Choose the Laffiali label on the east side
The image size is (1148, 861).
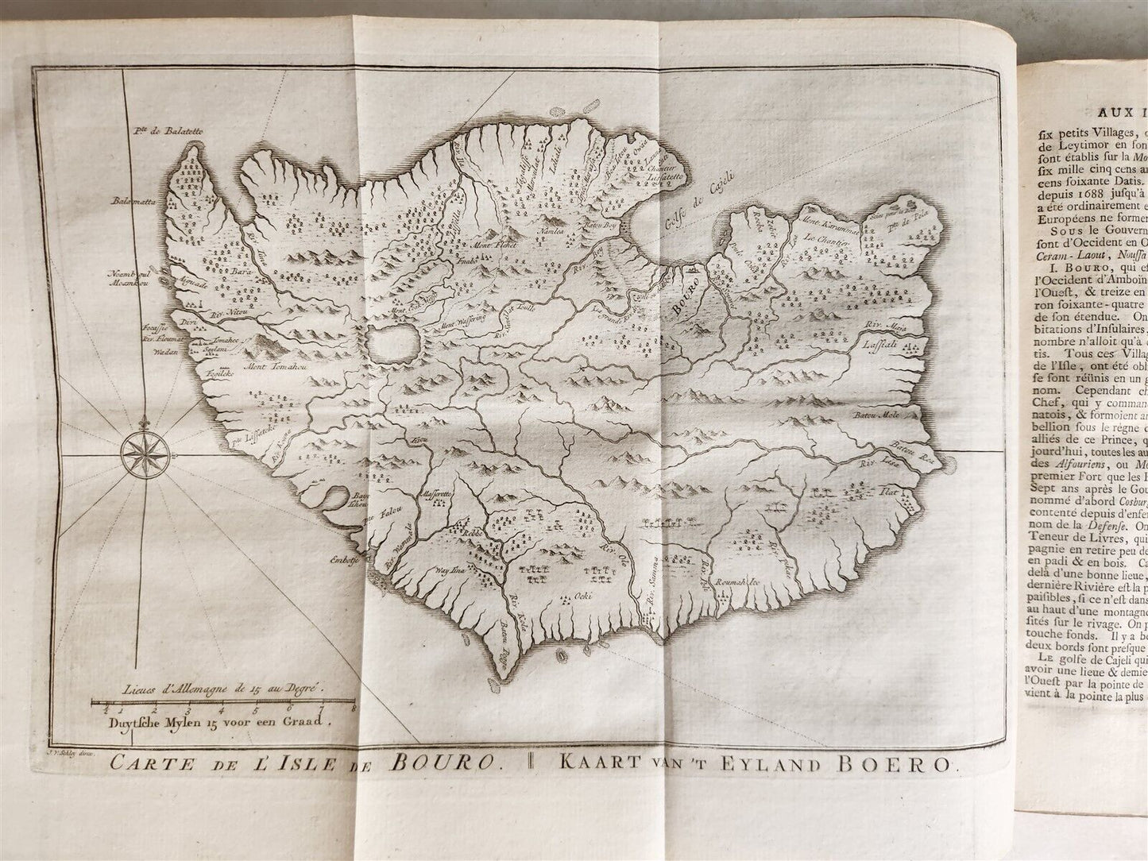click(x=879, y=349)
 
